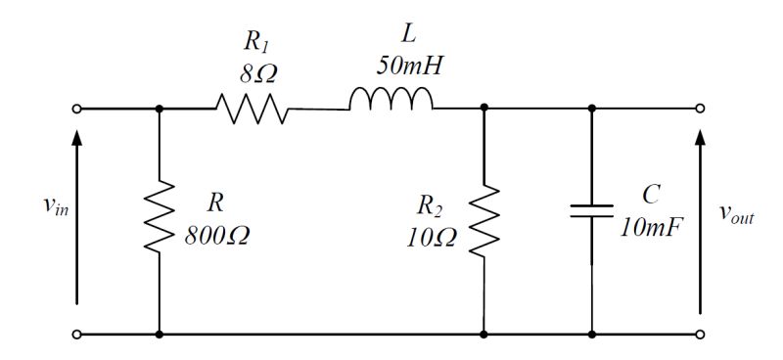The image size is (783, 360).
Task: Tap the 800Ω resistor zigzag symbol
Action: pyautogui.click(x=159, y=216)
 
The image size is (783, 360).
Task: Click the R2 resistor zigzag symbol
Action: pyautogui.click(x=485, y=216)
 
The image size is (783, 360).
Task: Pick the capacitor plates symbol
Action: pyautogui.click(x=591, y=211)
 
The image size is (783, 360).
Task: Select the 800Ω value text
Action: pyautogui.click(x=216, y=236)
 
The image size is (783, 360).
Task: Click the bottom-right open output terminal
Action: pyautogui.click(x=699, y=334)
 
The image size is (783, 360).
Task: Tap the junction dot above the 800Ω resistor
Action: pyautogui.click(x=159, y=109)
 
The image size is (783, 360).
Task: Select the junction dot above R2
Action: pyautogui.click(x=485, y=109)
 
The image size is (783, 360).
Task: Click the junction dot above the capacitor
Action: pyautogui.click(x=591, y=109)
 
